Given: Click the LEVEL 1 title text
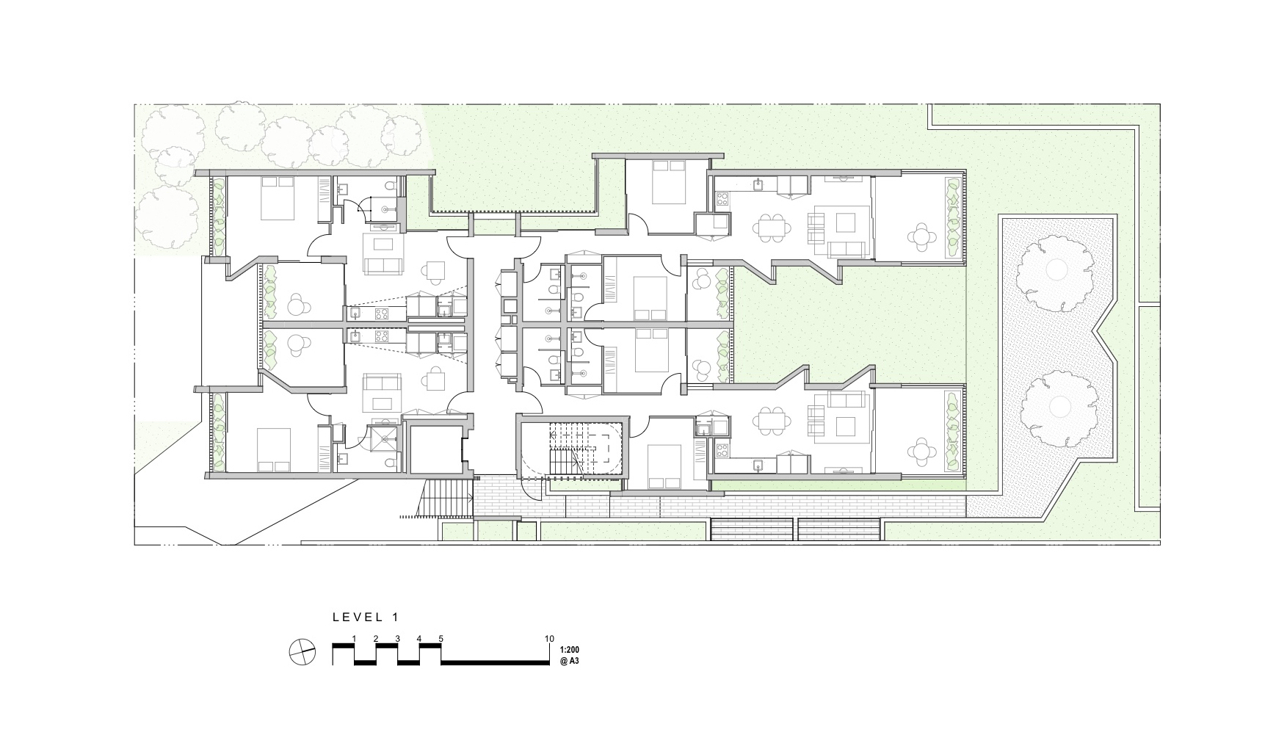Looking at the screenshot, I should coord(365,618).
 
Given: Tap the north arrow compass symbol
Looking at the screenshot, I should coord(302,651).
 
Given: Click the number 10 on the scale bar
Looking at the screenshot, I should coord(549,639).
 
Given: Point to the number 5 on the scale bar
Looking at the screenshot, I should coord(441,639).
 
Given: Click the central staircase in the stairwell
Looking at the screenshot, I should coord(570,450).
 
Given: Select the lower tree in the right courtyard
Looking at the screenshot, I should coord(1058,407).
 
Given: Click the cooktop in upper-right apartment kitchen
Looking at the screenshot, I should coord(722,197).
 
